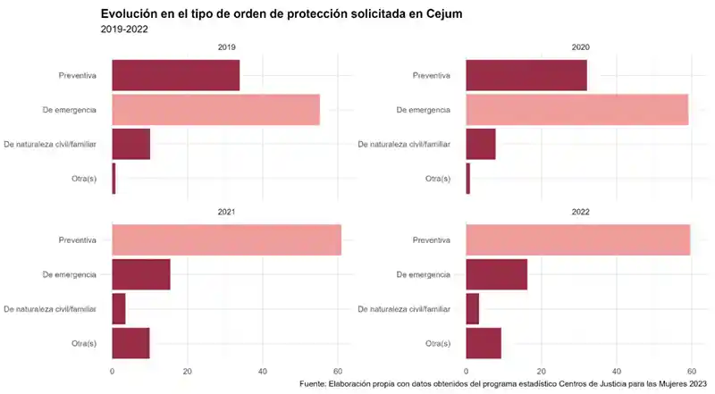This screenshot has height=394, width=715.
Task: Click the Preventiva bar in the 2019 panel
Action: [x=175, y=75]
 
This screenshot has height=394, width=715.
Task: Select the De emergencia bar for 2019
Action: [x=215, y=109]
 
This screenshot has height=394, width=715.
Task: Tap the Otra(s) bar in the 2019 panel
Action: [x=114, y=179]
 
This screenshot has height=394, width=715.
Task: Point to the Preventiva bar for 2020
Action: [x=526, y=75]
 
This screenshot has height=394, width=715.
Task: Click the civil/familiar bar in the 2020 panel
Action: [x=481, y=144]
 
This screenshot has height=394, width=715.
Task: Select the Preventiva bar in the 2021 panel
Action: [x=226, y=240]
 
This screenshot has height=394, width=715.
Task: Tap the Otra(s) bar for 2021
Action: [x=130, y=343]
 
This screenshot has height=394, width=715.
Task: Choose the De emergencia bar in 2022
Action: [x=496, y=274]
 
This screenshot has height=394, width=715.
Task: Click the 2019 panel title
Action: [x=227, y=46]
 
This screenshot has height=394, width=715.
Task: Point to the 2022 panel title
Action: [x=580, y=212]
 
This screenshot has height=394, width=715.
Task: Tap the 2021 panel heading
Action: [x=227, y=212]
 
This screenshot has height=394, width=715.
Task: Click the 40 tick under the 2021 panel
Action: [x=263, y=371]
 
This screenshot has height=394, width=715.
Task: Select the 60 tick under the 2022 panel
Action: [x=691, y=371]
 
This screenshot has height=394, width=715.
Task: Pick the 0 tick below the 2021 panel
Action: [x=112, y=371]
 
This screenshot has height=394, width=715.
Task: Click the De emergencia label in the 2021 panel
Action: [x=70, y=274]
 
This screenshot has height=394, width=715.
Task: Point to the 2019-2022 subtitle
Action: [x=124, y=29]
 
